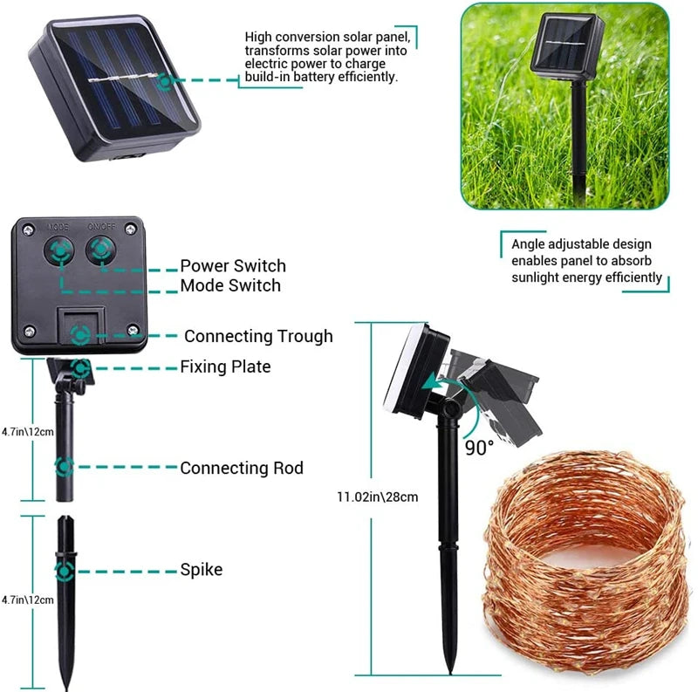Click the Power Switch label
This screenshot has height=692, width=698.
point(233,265)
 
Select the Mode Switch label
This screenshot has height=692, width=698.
point(230,285)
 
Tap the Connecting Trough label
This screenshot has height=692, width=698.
point(258,336)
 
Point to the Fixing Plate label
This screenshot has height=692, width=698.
point(225,367)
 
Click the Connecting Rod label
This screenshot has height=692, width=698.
point(242,469)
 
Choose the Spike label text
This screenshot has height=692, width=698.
point(201,570)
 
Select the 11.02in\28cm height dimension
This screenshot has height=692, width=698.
point(377,497)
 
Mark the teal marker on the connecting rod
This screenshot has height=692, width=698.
point(64,467)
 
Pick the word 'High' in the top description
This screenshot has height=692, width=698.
point(258,38)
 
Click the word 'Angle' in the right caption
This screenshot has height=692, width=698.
point(530,244)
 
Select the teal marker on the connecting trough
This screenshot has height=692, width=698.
point(80,335)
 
